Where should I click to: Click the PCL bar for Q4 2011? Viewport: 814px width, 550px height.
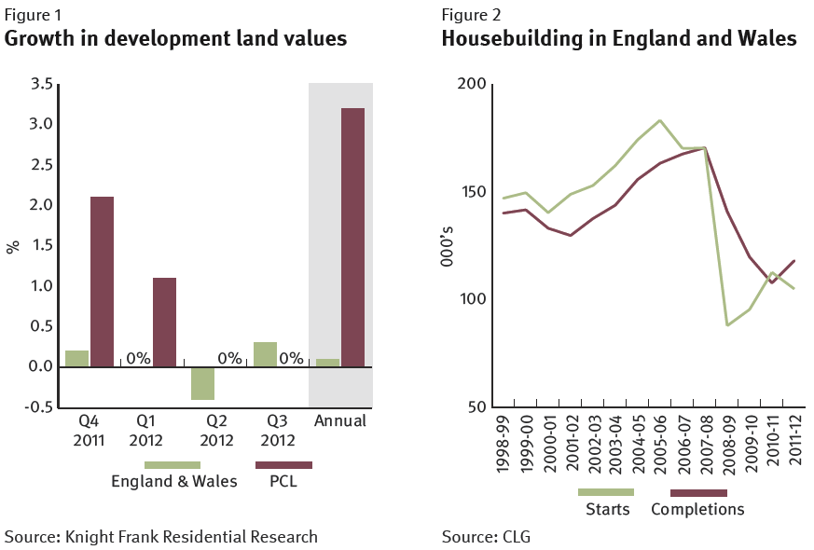click(x=101, y=282)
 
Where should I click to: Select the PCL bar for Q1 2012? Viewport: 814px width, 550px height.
click(x=164, y=322)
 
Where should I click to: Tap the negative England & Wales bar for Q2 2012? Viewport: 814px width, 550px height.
click(x=203, y=383)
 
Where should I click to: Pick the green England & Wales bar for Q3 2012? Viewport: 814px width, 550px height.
click(x=266, y=354)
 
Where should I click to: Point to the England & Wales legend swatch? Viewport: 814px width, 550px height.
click(x=172, y=464)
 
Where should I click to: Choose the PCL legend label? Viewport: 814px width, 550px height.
click(x=283, y=482)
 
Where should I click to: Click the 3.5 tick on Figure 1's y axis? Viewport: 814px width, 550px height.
click(x=41, y=84)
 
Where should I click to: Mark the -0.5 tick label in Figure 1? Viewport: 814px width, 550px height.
click(x=38, y=407)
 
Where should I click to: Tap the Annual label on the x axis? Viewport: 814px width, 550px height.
click(x=340, y=421)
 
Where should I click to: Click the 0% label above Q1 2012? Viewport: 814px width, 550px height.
click(x=138, y=358)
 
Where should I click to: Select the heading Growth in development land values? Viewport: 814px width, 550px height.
click(x=176, y=39)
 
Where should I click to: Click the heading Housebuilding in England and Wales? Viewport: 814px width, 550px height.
click(x=619, y=39)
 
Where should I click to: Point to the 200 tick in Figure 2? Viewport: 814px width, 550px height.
click(x=475, y=84)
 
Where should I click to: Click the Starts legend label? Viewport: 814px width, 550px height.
click(x=608, y=509)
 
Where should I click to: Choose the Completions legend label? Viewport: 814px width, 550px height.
click(x=697, y=509)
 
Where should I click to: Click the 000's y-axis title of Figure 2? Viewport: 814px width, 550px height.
click(x=448, y=245)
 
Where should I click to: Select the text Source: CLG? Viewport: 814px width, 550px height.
click(x=486, y=537)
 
